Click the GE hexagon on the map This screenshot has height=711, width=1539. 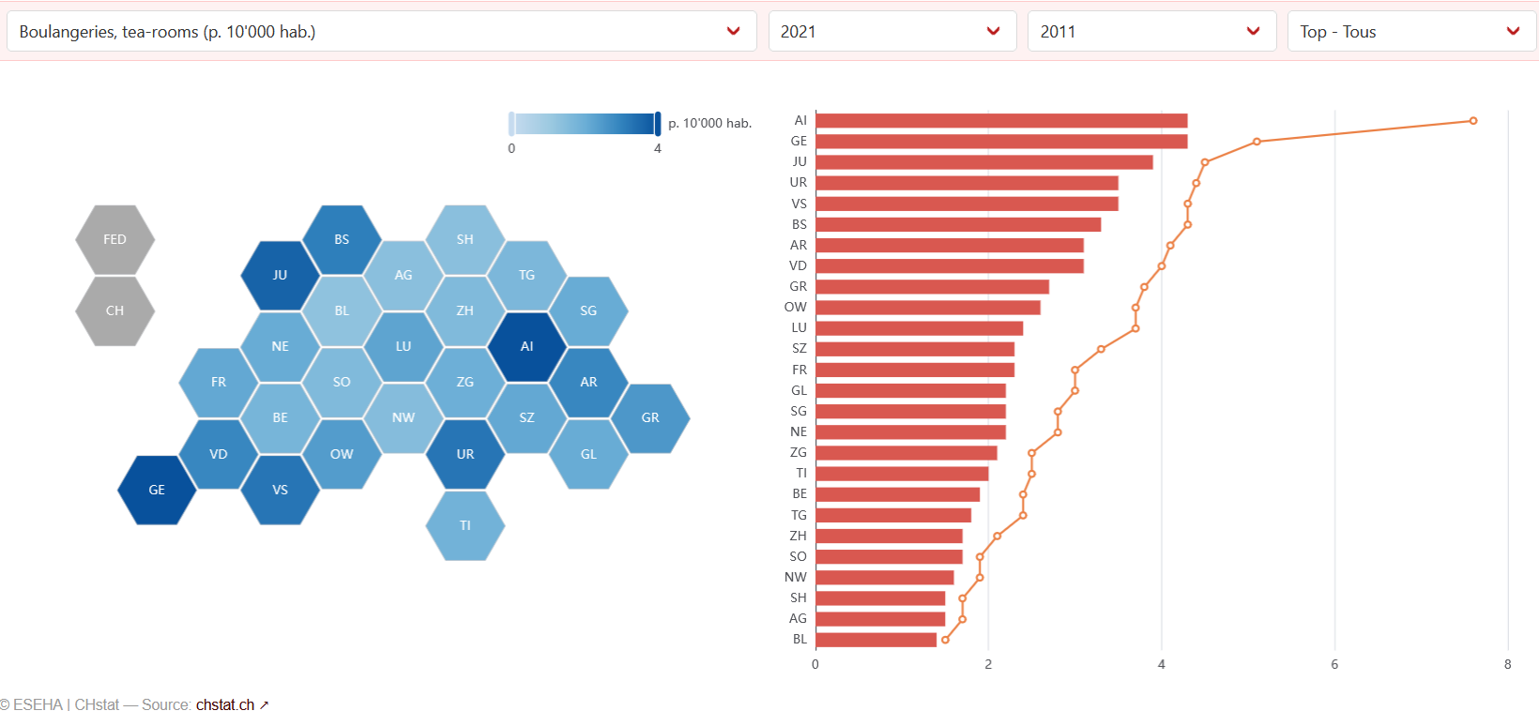[157, 490]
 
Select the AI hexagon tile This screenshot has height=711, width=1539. [526, 346]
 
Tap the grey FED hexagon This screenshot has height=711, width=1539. [114, 239]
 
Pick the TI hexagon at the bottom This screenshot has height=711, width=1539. [465, 525]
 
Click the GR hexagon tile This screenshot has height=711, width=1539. [649, 417]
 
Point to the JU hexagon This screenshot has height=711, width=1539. [280, 275]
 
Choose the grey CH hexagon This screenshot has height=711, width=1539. [114, 310]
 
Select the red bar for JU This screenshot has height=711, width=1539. [983, 162]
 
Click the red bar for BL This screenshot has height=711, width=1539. [876, 640]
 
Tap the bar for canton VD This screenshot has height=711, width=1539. [949, 266]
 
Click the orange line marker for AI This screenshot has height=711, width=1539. [1473, 121]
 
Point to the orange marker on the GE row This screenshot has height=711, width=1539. [1257, 142]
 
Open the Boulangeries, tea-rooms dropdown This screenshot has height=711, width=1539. [381, 32]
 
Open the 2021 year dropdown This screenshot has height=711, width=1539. [891, 32]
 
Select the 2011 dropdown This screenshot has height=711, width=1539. [1151, 32]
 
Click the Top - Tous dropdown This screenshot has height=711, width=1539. [1410, 32]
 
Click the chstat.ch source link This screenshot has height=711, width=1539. [225, 704]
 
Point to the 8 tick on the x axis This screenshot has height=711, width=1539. [1508, 664]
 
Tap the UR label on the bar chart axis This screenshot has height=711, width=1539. [798, 183]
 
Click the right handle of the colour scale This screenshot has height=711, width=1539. [658, 123]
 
